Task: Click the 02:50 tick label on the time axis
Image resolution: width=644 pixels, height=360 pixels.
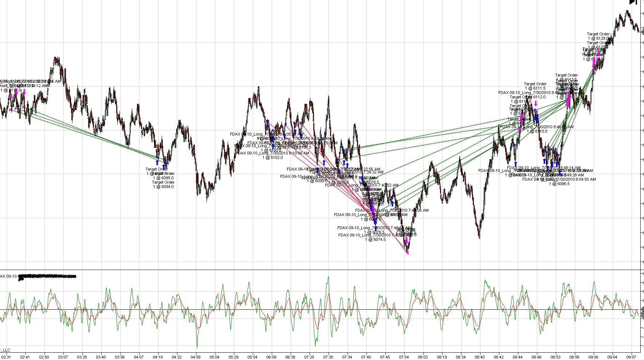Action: (44, 357)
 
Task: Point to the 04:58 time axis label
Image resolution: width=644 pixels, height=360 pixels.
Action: (196, 357)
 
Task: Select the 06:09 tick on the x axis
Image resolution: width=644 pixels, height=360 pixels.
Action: (271, 357)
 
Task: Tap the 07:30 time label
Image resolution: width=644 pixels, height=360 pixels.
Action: (328, 357)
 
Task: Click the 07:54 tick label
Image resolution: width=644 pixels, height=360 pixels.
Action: (404, 357)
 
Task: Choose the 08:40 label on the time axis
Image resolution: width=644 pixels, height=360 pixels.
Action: (480, 357)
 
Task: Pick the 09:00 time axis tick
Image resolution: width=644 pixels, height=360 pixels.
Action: (593, 357)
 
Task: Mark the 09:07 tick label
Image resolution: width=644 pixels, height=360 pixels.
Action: (631, 357)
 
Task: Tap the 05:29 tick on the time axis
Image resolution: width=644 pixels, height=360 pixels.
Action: (233, 357)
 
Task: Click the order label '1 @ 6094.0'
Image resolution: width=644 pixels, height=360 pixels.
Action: (163, 187)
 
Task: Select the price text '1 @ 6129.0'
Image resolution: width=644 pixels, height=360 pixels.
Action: (598, 38)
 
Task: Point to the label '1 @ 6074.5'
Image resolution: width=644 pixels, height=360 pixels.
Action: (375, 239)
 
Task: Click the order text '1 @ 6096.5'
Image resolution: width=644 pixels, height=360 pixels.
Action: (559, 184)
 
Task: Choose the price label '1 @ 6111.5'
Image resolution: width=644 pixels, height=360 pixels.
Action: (535, 88)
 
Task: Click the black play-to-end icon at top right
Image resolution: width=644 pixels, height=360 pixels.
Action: (633, 2)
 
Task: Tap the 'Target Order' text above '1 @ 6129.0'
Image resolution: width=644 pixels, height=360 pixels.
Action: (598, 34)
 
